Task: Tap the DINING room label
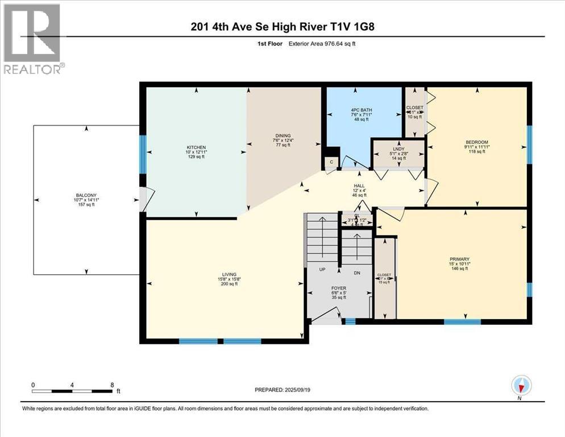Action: pos(282,136)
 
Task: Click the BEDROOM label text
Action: pos(477,142)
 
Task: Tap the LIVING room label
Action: pos(230,274)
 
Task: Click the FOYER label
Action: pos(339,288)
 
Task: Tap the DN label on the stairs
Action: pos(358,273)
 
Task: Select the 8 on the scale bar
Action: pos(112,385)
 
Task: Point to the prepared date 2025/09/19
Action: pos(282,390)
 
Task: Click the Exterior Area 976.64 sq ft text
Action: pos(322,44)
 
